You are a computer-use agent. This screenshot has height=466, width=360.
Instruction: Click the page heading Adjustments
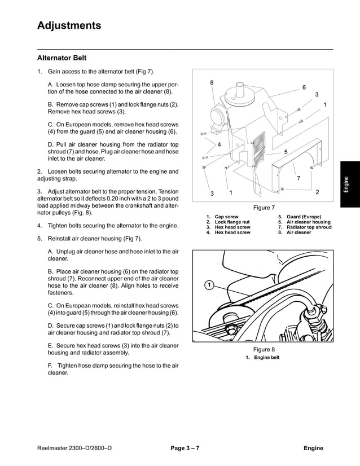tap(69, 25)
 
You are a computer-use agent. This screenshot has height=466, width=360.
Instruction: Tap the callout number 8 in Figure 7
tap(212, 83)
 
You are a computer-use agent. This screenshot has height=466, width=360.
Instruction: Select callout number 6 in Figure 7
tap(304, 87)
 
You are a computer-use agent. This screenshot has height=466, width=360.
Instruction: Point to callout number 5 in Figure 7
tap(286, 152)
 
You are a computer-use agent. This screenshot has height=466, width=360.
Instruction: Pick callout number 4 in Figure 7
tap(219, 144)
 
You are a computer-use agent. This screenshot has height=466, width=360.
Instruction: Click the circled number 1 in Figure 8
tap(208, 285)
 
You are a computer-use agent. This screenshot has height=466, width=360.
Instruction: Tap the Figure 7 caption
tap(264, 208)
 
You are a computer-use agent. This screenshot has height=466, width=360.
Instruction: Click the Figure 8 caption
tap(264, 350)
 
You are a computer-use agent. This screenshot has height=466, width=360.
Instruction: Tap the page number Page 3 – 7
tap(185, 449)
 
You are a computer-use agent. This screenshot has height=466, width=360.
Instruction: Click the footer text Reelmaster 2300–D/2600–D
tap(74, 449)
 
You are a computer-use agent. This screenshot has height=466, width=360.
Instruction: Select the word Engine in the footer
tap(313, 449)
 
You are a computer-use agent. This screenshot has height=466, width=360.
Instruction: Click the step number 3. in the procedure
tap(39, 192)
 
